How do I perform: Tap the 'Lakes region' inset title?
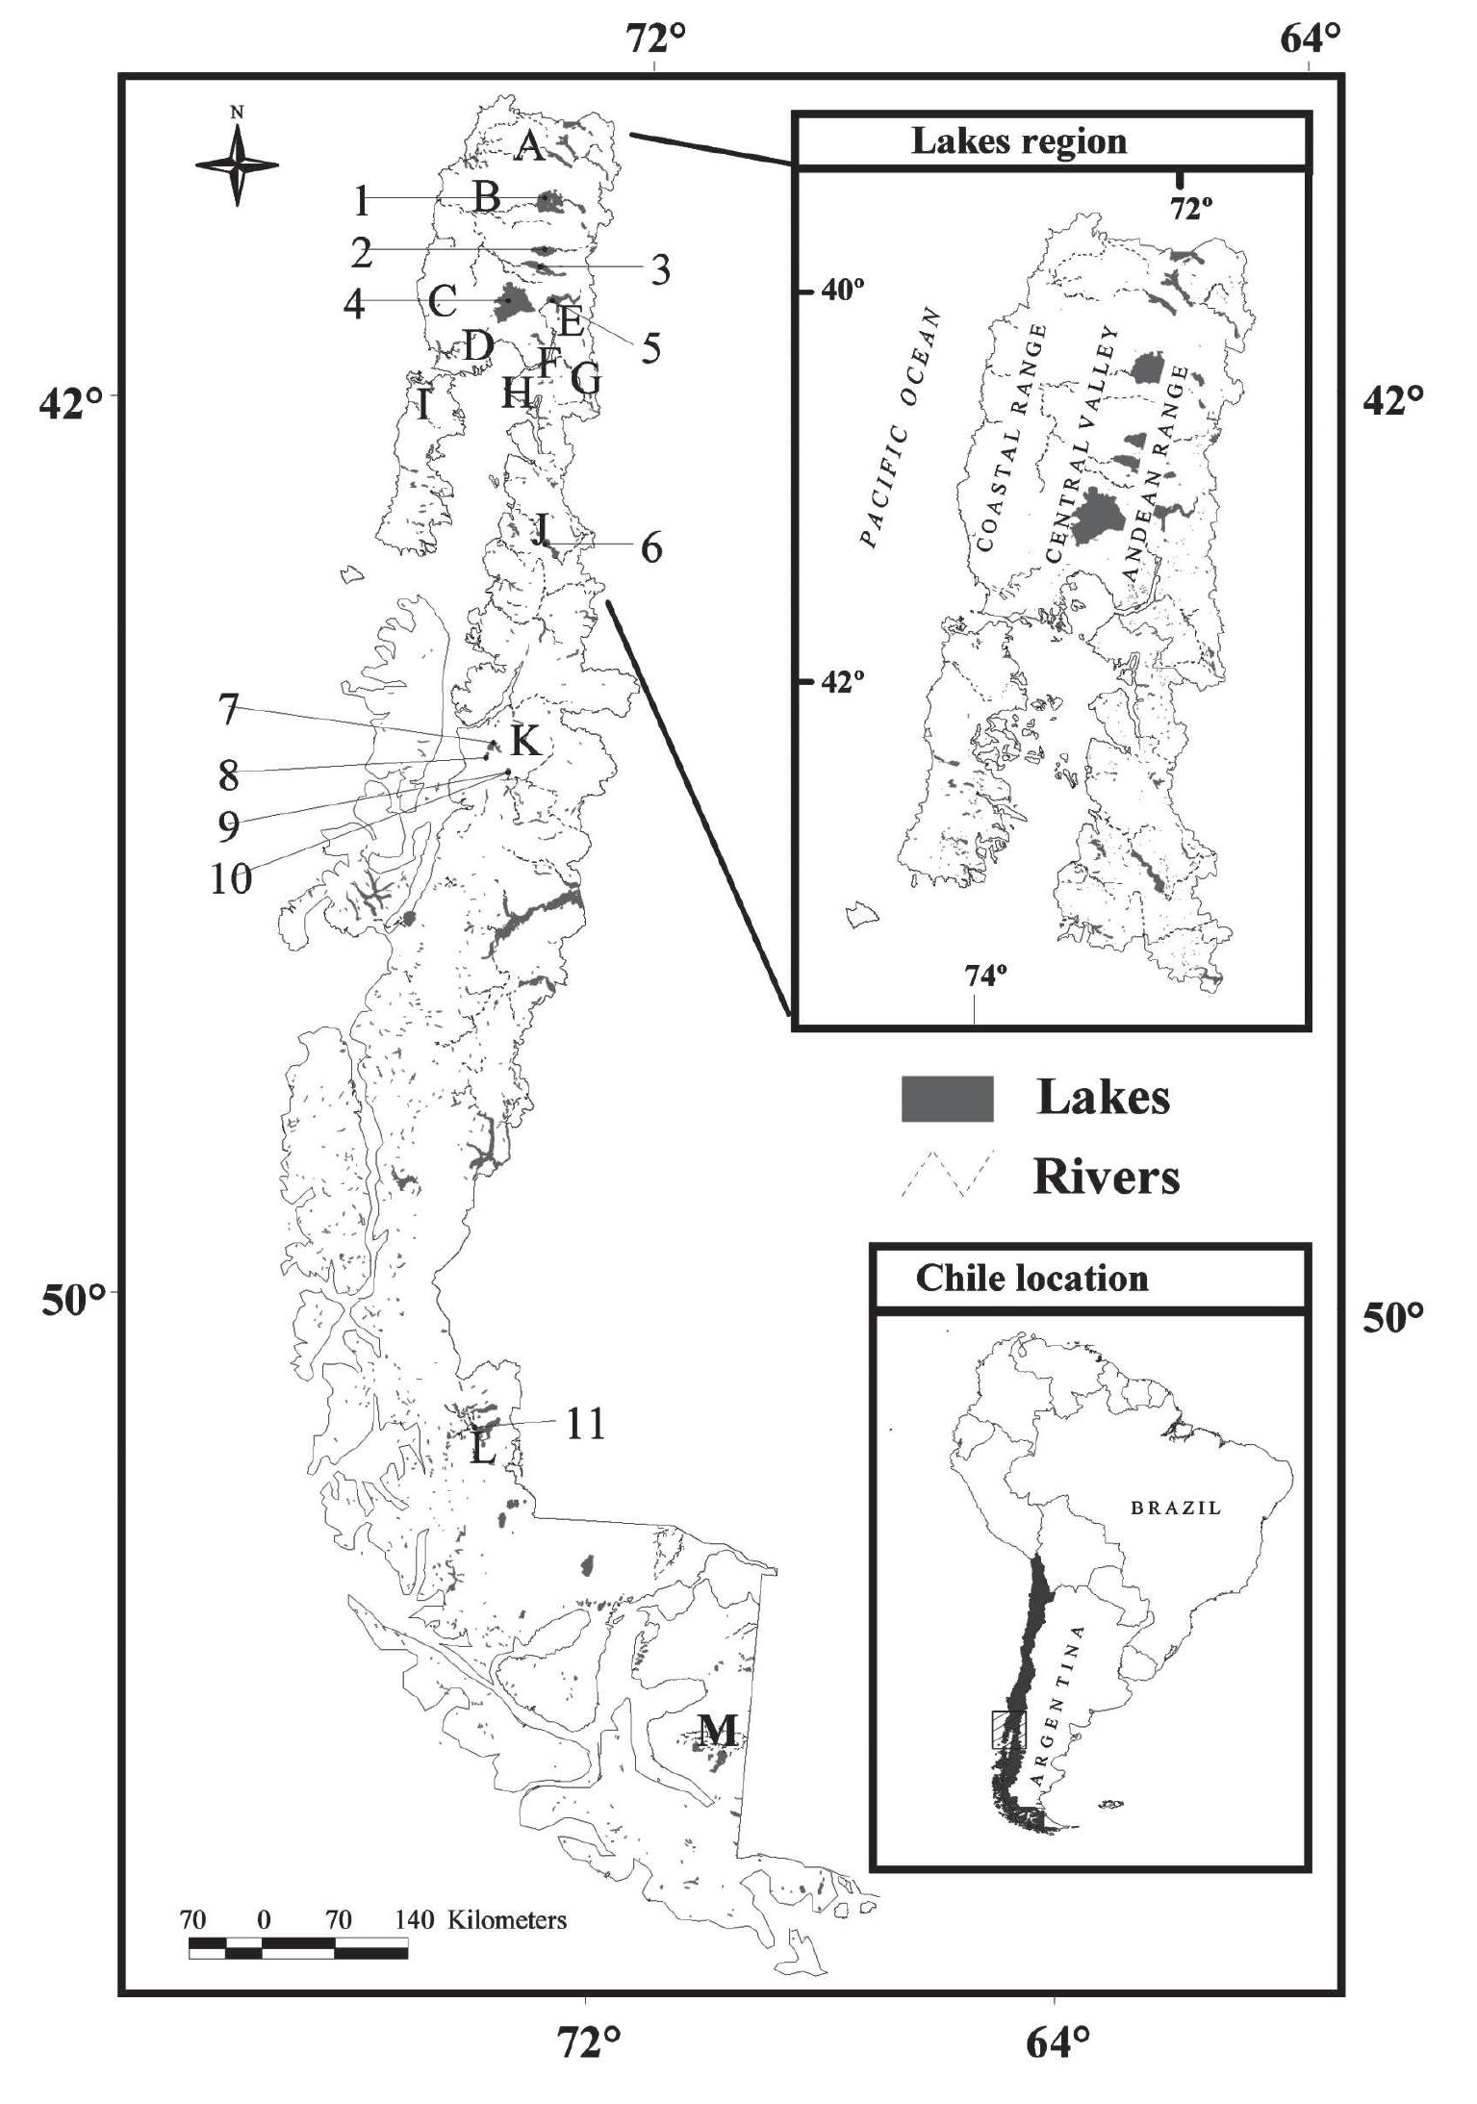pyautogui.click(x=1018, y=141)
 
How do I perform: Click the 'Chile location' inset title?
pyautogui.click(x=1031, y=1278)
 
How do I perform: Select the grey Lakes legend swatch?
pyautogui.click(x=947, y=1098)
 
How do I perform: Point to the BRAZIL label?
pyautogui.click(x=1176, y=1508)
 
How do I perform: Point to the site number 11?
pyautogui.click(x=584, y=1423)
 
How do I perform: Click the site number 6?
pyautogui.click(x=650, y=547)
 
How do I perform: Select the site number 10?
pyautogui.click(x=231, y=877)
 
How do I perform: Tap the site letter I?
pyautogui.click(x=423, y=405)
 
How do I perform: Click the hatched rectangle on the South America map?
pyautogui.click(x=1009, y=1730)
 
